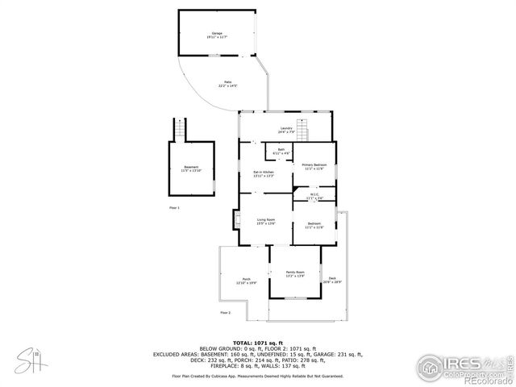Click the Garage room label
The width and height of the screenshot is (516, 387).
(x=217, y=35)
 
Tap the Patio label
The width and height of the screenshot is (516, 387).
(x=227, y=84)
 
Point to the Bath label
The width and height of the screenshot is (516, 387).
(x=281, y=151)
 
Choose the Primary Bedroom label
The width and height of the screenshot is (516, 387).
(x=314, y=166)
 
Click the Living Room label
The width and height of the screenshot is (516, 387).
(x=266, y=221)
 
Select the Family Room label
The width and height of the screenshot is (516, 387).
(x=295, y=274)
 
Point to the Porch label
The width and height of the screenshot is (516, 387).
(x=245, y=281)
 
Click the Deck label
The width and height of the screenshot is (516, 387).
(x=332, y=280)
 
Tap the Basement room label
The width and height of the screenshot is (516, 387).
(x=191, y=169)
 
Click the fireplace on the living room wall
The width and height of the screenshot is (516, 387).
(x=236, y=218)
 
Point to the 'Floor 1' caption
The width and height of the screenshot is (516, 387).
(x=174, y=208)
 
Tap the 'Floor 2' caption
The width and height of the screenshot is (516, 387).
(x=225, y=312)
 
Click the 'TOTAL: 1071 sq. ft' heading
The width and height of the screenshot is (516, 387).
(x=258, y=343)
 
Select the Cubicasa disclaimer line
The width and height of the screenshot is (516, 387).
(x=258, y=376)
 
